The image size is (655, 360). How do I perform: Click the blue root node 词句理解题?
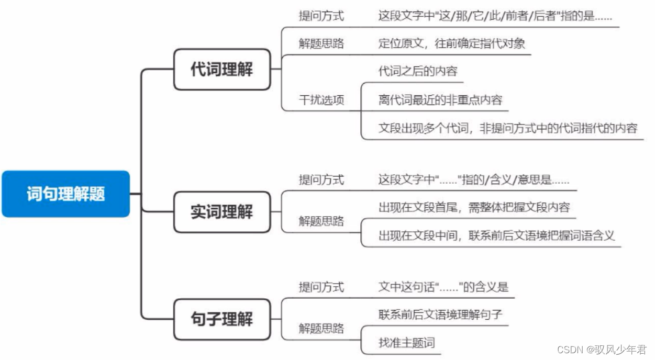[65, 194]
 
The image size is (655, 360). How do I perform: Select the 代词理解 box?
[221, 69]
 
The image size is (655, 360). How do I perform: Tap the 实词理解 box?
[221, 212]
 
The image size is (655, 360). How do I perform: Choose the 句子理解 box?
[221, 319]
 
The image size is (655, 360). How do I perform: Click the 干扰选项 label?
[321, 99]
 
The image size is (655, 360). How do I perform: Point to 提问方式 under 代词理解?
[321, 16]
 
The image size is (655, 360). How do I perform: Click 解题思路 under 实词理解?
[321, 221]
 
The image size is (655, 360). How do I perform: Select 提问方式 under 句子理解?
[321, 287]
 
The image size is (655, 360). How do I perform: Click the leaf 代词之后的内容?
[414, 71]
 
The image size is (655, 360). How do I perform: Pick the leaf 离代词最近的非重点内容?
[440, 99]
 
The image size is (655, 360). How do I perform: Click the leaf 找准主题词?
[406, 343]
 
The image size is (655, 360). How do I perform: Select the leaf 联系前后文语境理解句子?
[440, 315]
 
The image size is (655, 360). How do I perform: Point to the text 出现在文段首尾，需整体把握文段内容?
[473, 207]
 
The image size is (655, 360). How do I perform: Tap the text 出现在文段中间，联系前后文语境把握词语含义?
[496, 235]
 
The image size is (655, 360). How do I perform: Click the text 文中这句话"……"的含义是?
[443, 287]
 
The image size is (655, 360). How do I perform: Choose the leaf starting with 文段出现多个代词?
[507, 128]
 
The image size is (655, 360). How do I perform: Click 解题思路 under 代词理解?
[321, 43]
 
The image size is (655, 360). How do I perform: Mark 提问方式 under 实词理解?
[321, 180]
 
